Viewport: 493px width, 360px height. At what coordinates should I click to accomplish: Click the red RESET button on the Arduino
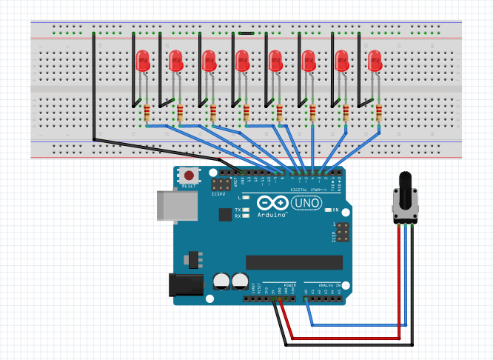pyautogui.click(x=190, y=176)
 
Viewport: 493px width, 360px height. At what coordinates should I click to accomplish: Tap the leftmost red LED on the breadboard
pyautogui.click(x=143, y=60)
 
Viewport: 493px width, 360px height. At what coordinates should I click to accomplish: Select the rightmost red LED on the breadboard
pyautogui.click(x=375, y=60)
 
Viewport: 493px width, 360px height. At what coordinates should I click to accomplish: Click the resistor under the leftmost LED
pyautogui.click(x=147, y=113)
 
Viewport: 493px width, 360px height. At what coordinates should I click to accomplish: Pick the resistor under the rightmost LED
pyautogui.click(x=379, y=113)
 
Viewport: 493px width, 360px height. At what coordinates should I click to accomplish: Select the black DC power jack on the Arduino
pyautogui.click(x=185, y=286)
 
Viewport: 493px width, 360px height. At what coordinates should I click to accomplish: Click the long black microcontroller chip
pyautogui.click(x=294, y=262)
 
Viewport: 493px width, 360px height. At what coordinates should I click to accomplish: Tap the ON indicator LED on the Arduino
pyautogui.click(x=328, y=210)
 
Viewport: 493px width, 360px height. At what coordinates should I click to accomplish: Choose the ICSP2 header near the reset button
pyautogui.click(x=221, y=184)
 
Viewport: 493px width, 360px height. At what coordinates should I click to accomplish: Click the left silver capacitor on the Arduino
pyautogui.click(x=221, y=281)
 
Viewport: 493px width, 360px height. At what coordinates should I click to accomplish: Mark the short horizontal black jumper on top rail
pyautogui.click(x=246, y=33)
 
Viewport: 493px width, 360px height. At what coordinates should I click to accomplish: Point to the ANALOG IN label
pyautogui.click(x=329, y=285)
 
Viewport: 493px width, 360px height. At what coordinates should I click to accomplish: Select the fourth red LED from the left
pyautogui.click(x=242, y=60)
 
